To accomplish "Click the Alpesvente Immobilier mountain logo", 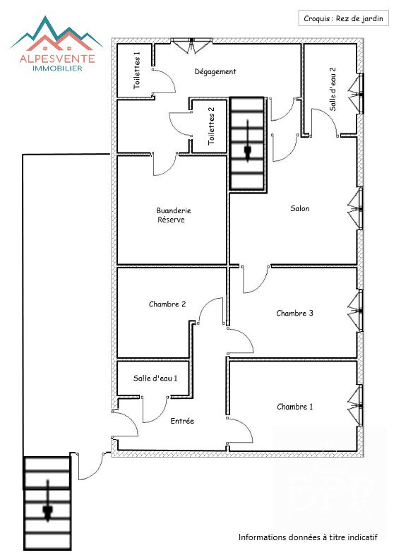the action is [56, 44].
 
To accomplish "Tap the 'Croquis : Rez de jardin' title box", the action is [343, 18].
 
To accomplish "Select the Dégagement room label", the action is [215, 71].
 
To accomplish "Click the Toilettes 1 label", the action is [137, 70].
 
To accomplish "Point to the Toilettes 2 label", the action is [211, 126].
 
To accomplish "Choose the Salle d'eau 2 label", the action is [333, 89].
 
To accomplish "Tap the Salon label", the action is [300, 208].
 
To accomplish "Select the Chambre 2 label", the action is [167, 304].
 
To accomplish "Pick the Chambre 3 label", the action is [294, 314].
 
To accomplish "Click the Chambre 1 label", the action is [295, 407].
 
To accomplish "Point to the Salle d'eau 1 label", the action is [155, 378].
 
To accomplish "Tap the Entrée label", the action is [182, 421].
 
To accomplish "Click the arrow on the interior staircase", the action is [247, 141].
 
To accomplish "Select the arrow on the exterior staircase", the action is [47, 501].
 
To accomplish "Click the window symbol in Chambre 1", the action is [355, 405].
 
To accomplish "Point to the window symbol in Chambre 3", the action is [355, 311].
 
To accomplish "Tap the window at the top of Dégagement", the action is [191, 45].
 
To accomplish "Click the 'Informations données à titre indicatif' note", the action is [308, 537].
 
